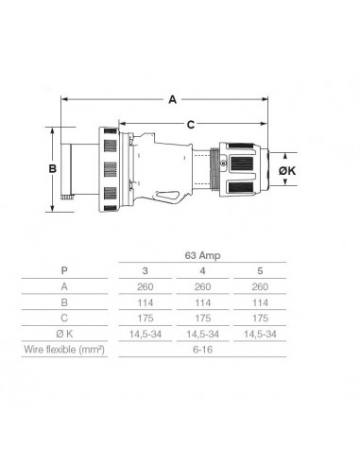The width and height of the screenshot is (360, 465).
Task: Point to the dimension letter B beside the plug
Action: pos(54,167)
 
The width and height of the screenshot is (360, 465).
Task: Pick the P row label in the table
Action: pos(64,271)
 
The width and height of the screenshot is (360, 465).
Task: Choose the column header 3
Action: pos(145,271)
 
